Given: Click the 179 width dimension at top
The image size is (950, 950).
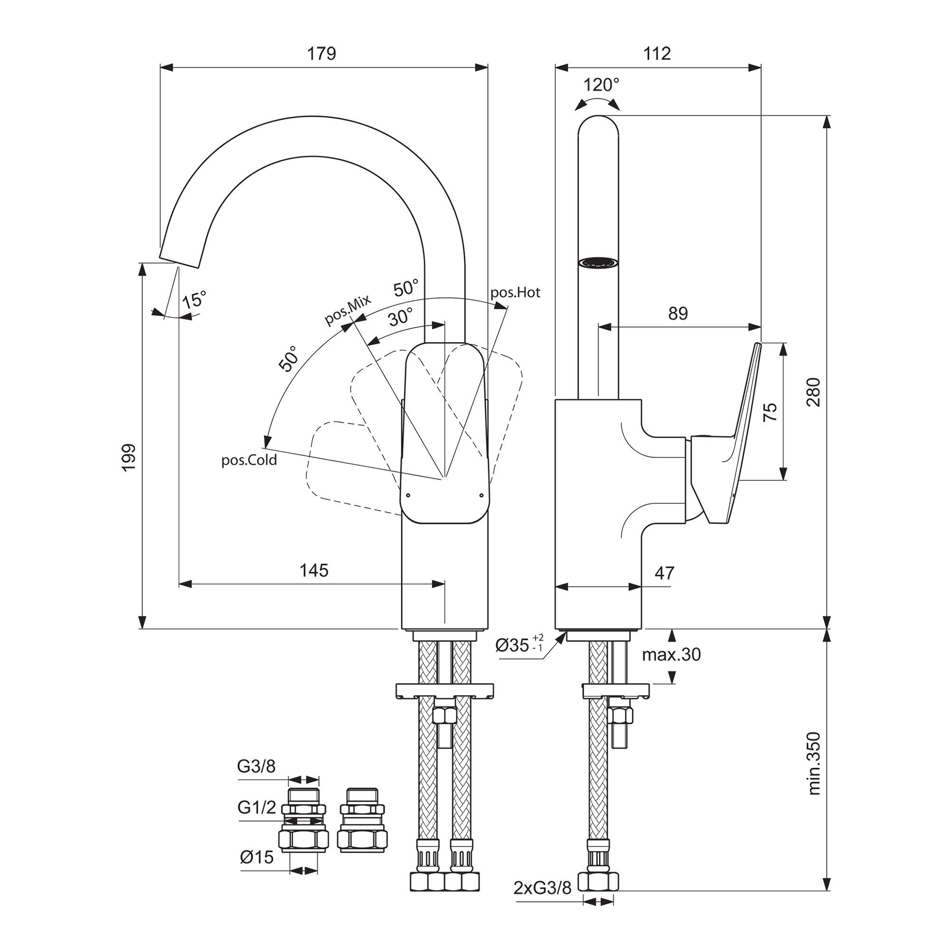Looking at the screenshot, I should point(322,54).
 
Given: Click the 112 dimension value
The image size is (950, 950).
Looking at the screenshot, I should point(657,54).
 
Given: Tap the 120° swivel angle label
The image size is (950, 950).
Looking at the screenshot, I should point(601,85).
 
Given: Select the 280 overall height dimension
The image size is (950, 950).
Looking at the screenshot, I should point(813,391).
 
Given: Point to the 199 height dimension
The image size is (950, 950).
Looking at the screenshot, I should point(129,457).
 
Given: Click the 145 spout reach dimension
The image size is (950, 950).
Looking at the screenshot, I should point(313,570).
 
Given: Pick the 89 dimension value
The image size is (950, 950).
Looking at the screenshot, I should point(678,313).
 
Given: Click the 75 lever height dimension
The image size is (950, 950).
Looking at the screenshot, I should point(770,411).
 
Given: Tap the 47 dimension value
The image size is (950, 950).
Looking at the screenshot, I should point(665,573).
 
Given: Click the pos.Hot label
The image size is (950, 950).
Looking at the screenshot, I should point(515,293).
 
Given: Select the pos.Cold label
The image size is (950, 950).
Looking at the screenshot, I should point(249,460).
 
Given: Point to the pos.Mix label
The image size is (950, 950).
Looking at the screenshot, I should point(347,311).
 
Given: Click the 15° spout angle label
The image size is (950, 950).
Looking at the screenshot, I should point(194,299).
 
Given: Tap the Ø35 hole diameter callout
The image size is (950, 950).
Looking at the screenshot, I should point(519,645).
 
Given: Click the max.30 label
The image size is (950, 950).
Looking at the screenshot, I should point(671,655).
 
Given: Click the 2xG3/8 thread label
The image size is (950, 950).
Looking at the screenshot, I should point(542,902).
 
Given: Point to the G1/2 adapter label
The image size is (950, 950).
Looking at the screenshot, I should point(256,807).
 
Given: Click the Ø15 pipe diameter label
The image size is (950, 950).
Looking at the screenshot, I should point(256,857).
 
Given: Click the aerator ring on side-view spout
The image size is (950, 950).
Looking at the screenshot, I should point(598,263).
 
